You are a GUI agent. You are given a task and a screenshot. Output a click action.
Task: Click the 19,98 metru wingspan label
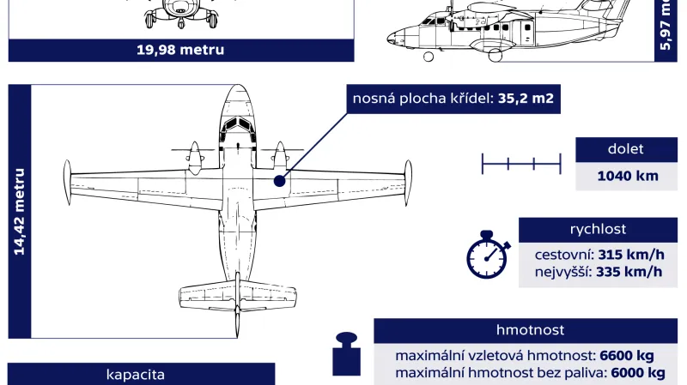[180, 50]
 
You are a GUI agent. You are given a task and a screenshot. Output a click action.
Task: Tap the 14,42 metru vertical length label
[19, 211]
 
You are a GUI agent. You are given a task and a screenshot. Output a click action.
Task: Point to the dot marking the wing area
[279, 181]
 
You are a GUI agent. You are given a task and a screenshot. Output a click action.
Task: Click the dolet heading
[625, 149]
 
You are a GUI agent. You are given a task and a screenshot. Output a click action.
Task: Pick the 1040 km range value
[628, 176]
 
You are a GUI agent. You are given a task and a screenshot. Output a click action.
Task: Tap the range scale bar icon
[521, 162]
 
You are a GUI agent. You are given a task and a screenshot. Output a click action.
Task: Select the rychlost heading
[598, 229]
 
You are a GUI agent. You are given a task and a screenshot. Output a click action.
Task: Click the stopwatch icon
[487, 255]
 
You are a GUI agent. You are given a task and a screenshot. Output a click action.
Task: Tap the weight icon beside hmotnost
[346, 355]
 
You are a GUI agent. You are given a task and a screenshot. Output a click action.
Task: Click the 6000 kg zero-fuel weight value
[636, 373]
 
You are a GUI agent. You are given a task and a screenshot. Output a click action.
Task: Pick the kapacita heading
[135, 374]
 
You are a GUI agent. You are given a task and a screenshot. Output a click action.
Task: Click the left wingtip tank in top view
[67, 182]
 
